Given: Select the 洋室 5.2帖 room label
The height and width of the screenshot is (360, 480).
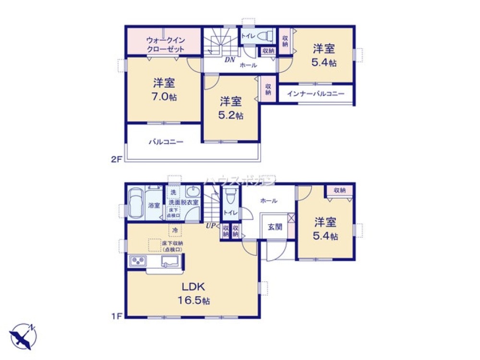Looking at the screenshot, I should (231, 108).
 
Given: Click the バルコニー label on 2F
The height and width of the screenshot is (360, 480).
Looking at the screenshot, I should (166, 142).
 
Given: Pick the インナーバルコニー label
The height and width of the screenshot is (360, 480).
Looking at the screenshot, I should (315, 94).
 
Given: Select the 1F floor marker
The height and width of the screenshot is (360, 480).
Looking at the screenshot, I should (118, 316).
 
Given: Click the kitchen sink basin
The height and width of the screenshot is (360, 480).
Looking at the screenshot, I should (170, 262).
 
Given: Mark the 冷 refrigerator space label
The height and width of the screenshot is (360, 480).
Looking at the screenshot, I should (175, 230).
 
